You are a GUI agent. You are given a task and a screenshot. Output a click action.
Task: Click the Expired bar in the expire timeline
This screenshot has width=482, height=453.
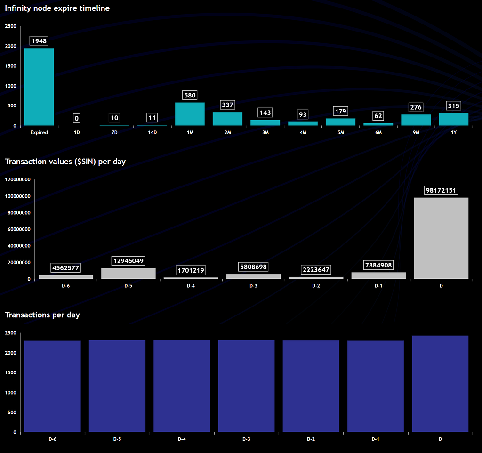point(39,87)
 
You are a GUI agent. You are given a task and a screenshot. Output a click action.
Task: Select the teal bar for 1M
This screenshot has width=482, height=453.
point(190,114)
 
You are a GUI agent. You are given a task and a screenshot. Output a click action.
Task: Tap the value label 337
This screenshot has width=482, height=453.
point(227,105)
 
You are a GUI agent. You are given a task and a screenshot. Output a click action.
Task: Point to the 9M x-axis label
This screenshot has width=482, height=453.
point(416,133)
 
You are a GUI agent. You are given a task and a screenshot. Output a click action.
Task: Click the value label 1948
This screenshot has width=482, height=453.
point(39,41)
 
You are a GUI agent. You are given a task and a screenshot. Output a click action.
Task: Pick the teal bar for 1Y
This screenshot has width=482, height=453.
point(453,119)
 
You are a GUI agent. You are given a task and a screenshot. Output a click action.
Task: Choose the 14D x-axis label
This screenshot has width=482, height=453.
point(152,133)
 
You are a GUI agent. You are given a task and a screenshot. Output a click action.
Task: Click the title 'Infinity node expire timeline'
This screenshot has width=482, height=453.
point(57,8)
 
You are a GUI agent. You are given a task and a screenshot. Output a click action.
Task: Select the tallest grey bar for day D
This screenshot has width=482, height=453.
point(441,238)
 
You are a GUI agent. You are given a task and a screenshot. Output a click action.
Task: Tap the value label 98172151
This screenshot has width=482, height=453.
point(441,190)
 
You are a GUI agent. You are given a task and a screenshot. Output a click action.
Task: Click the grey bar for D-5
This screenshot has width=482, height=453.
point(128,274)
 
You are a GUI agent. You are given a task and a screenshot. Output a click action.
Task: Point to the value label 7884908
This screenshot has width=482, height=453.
point(378,265)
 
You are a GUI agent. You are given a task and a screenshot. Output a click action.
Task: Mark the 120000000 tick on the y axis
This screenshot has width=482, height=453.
point(17,179)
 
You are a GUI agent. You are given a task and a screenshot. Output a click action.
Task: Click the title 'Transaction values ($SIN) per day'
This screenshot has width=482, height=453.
point(65,162)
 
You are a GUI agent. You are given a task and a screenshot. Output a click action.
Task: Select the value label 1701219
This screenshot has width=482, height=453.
point(191,270)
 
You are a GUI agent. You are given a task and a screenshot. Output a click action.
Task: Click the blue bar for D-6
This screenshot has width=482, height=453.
point(53,386)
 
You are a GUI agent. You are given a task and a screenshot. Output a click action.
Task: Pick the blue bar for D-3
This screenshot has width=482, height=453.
point(246,386)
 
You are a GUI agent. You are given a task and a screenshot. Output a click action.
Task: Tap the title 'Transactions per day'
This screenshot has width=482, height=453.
point(42,315)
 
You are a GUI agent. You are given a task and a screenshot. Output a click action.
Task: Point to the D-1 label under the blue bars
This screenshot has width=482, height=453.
point(375,439)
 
